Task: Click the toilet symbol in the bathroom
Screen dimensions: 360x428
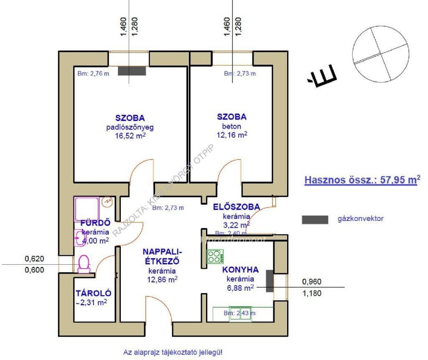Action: (84, 264)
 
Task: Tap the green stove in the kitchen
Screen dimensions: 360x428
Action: (215, 256)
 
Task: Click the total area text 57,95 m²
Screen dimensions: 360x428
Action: (362, 180)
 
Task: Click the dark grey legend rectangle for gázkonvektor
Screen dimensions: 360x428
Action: (315, 219)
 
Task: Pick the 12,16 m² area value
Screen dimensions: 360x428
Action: (231, 135)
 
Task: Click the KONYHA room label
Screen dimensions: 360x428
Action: (240, 269)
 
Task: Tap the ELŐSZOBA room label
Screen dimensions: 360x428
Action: (236, 207)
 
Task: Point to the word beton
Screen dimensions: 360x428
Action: (231, 126)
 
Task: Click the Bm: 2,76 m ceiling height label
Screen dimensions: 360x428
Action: (93, 74)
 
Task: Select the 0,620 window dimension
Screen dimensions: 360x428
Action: (34, 259)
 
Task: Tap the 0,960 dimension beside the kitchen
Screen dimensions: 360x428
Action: (311, 282)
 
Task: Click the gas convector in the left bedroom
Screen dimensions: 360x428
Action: (132, 71)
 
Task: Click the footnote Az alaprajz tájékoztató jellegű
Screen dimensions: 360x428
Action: (173, 352)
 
